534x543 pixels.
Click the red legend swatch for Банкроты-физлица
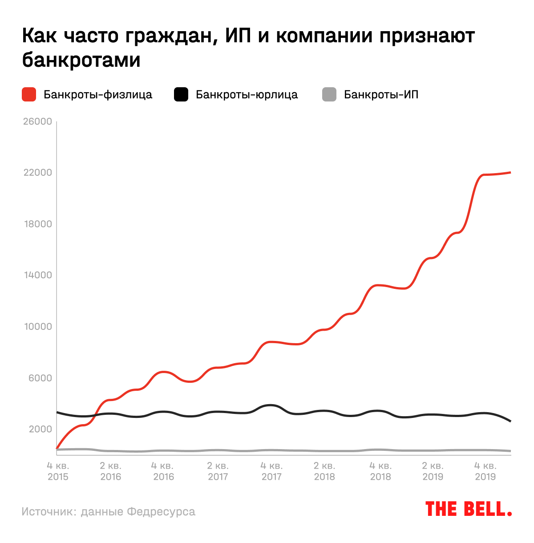(29, 94)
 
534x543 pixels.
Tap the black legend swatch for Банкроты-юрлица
(181, 94)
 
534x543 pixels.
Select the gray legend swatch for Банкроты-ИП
(329, 94)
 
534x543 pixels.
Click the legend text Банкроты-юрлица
(247, 95)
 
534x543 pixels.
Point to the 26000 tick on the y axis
(37, 122)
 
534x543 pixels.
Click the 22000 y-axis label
(37, 173)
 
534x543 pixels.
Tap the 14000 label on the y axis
(37, 275)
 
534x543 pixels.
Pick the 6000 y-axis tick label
(40, 378)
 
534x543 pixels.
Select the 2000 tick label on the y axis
(40, 429)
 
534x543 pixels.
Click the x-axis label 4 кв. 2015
(58, 471)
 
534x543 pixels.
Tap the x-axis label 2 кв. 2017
(218, 471)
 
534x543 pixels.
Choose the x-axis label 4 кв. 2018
(380, 471)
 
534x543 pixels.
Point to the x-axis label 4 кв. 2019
(485, 471)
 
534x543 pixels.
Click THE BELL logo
(468, 509)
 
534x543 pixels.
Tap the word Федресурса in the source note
(161, 512)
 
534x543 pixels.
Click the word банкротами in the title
(81, 60)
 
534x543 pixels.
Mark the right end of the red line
(510, 172)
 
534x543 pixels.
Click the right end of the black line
(510, 421)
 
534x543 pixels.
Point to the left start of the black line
(57, 412)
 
